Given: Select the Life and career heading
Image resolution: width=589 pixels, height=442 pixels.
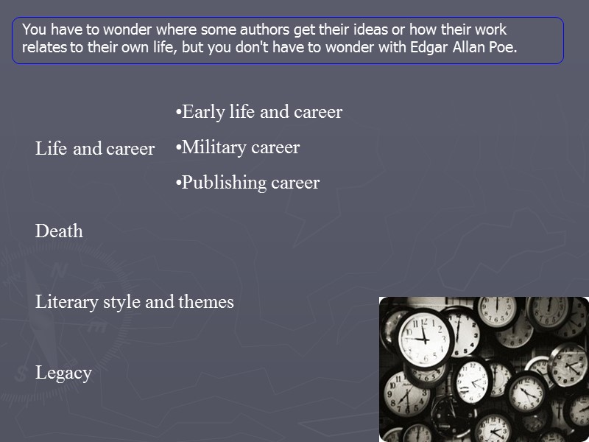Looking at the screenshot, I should pyautogui.click(x=95, y=149).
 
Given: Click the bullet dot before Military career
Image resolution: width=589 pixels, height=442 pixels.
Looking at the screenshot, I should pyautogui.click(x=178, y=148).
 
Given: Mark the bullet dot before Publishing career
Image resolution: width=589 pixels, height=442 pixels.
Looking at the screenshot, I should pyautogui.click(x=178, y=183).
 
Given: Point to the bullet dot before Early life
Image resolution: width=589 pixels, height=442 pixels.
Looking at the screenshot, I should pyautogui.click(x=178, y=113).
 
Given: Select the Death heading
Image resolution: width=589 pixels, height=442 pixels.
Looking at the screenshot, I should pyautogui.click(x=59, y=231).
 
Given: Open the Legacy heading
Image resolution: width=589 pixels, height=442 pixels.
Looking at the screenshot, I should pyautogui.click(x=63, y=373).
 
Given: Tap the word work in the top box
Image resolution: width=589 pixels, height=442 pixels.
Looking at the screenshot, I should pyautogui.click(x=492, y=31).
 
